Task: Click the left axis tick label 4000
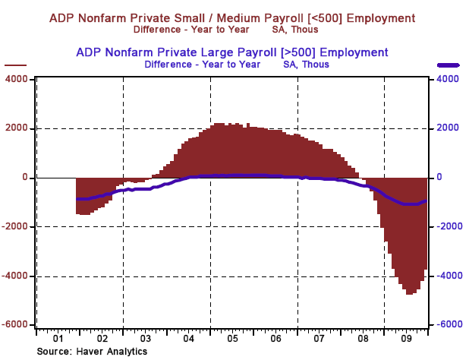pyautogui.click(x=17, y=79)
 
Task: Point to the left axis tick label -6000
pyautogui.click(x=15, y=325)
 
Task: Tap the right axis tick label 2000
pyautogui.click(x=445, y=128)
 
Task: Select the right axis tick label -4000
pyautogui.click(x=445, y=276)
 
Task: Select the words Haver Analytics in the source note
pyautogui.click(x=112, y=351)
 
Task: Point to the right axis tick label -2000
pyautogui.click(x=445, y=226)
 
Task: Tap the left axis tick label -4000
pyautogui.click(x=15, y=276)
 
